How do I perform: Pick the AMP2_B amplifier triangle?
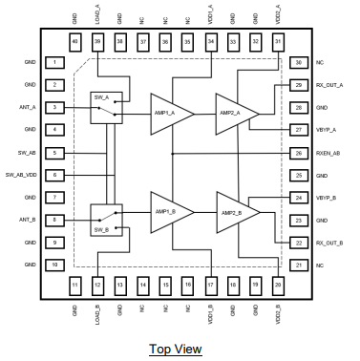236,210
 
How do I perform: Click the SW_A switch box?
103,106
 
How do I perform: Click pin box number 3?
58,107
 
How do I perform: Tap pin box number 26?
301,153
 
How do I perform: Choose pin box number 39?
97,43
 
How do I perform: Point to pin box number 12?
97,285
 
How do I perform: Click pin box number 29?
301,85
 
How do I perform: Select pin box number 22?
301,244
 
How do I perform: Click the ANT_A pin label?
28,107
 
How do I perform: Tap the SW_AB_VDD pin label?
21,175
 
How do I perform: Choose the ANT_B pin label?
28,221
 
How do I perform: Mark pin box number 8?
58,221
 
